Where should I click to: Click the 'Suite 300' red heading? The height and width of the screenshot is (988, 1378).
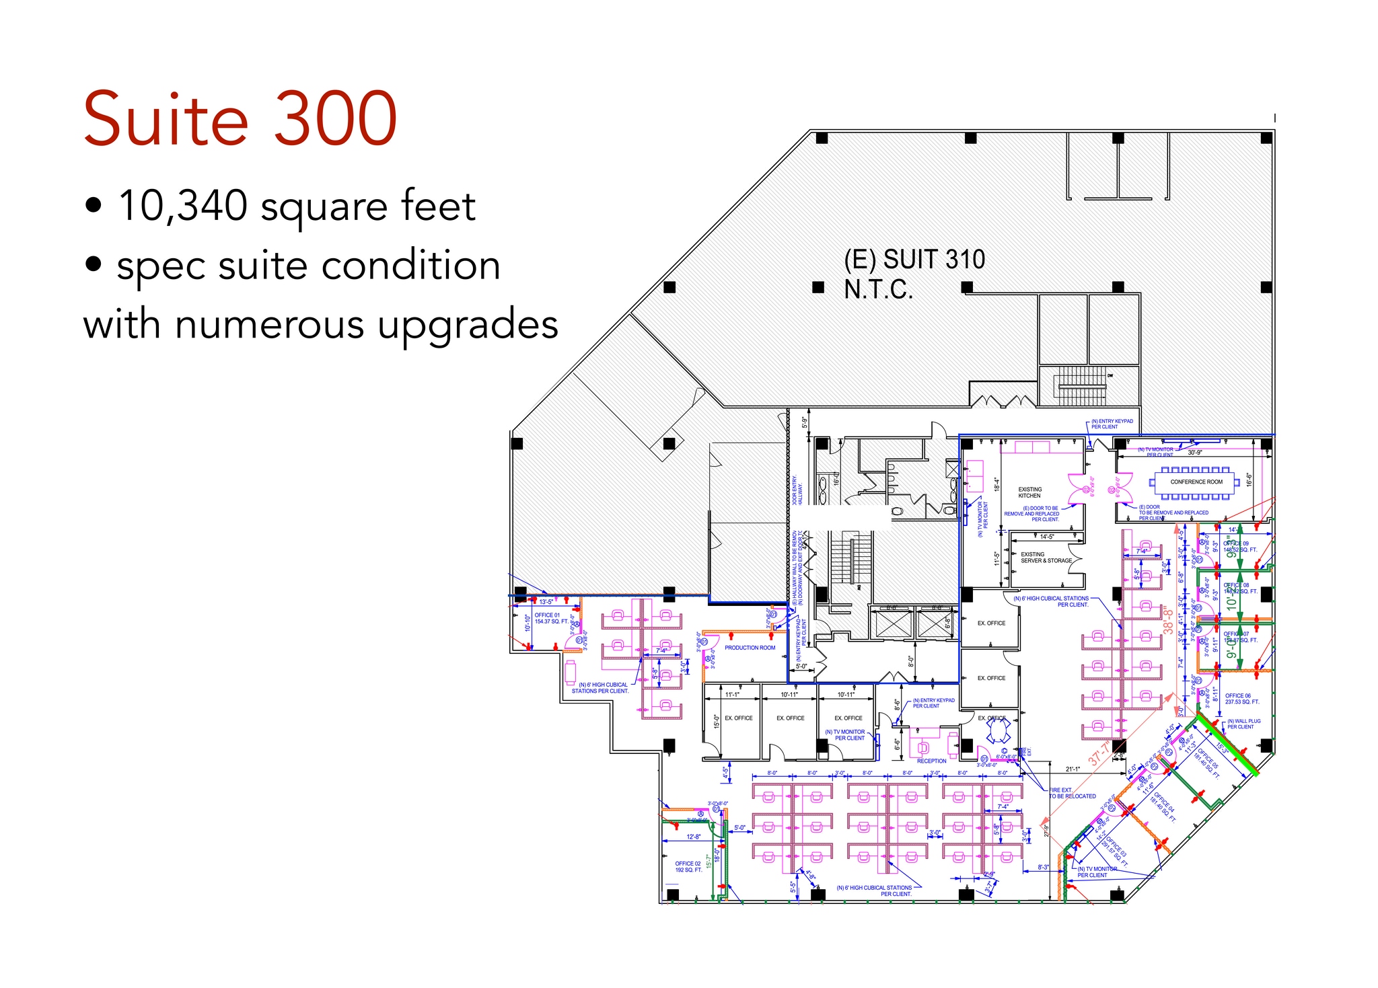pyautogui.click(x=240, y=120)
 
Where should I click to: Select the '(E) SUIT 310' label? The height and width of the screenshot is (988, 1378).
pyautogui.click(x=914, y=260)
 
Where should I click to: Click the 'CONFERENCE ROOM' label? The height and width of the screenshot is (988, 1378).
pyautogui.click(x=1196, y=482)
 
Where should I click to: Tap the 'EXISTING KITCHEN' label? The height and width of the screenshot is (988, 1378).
pyautogui.click(x=1029, y=492)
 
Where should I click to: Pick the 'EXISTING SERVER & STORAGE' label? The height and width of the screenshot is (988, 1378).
pyautogui.click(x=1046, y=558)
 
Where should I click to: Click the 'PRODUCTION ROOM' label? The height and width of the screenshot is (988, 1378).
pyautogui.click(x=750, y=648)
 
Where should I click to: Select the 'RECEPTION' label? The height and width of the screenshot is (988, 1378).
pyautogui.click(x=931, y=761)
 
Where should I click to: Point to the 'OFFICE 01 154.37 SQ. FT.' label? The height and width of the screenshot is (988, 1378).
pyautogui.click(x=549, y=618)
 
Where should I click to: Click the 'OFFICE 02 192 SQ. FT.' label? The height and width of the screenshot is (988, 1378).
pyautogui.click(x=688, y=866)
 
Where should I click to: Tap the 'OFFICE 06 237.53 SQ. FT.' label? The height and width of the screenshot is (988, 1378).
pyautogui.click(x=1241, y=699)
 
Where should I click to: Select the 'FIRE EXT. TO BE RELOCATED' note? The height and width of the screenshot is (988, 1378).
pyautogui.click(x=1072, y=793)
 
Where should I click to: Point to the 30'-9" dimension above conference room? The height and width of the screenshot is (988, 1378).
pyautogui.click(x=1194, y=453)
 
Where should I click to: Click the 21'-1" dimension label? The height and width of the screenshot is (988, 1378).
pyautogui.click(x=1073, y=769)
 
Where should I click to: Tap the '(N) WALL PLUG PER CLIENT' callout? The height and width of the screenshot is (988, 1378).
pyautogui.click(x=1243, y=724)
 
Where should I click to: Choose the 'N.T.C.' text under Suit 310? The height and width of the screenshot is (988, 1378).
pyautogui.click(x=878, y=290)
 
